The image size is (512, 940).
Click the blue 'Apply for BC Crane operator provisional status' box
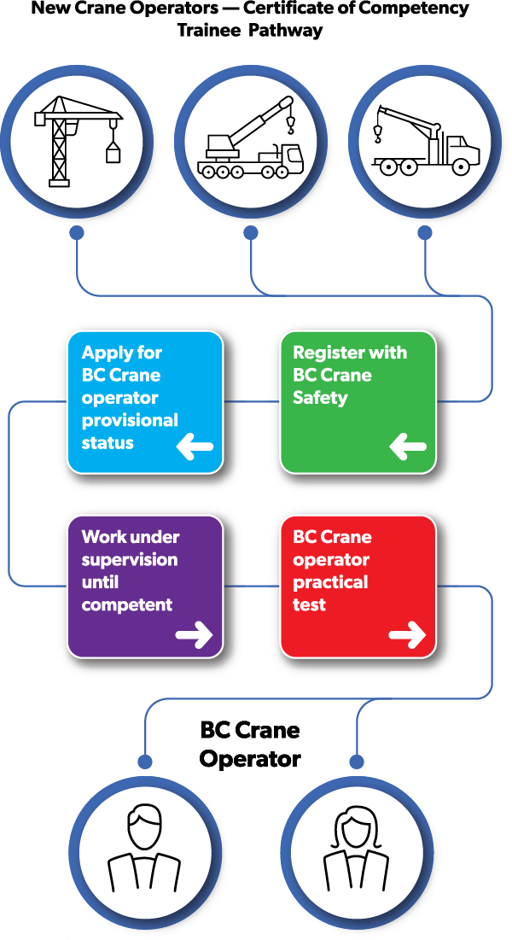(145, 402)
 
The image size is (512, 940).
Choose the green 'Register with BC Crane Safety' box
(358, 402)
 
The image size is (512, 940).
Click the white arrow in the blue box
(195, 446)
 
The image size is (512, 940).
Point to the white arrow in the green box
(407, 446)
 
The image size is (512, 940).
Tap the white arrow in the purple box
(195, 634)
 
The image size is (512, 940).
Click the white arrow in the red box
(407, 634)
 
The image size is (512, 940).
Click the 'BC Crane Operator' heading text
(250, 744)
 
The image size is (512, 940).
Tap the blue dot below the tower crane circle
(77, 231)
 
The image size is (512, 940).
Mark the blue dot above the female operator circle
(358, 761)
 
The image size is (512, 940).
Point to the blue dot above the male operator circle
(146, 761)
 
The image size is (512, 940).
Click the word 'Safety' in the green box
(320, 397)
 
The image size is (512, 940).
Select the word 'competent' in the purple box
(127, 604)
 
